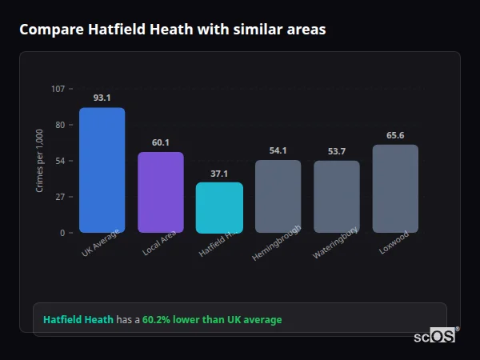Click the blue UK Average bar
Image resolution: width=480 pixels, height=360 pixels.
tap(102, 170)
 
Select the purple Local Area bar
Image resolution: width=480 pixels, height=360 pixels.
tap(160, 192)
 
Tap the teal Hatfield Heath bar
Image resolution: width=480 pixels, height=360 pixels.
tap(219, 207)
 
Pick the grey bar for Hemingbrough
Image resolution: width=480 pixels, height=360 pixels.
tap(278, 196)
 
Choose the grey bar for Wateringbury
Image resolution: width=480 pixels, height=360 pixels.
tap(336, 197)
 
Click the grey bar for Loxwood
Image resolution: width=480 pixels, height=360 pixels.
tap(395, 189)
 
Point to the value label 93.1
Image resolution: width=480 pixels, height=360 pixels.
tap(102, 98)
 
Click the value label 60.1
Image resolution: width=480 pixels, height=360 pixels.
tap(160, 142)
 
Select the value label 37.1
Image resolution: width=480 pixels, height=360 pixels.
tap(219, 173)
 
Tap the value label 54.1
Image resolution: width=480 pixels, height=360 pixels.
tap(278, 150)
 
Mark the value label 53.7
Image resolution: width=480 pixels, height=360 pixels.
tap(336, 151)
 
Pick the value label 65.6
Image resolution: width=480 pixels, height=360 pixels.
tap(395, 135)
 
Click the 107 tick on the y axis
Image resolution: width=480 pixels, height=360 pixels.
tap(58, 89)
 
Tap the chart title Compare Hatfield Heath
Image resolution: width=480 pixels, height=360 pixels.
tap(172, 30)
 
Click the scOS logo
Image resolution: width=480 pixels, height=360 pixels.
tap(435, 336)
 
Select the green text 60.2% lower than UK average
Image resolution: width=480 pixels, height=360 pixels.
tap(212, 320)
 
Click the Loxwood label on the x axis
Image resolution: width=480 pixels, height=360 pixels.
tap(394, 242)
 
